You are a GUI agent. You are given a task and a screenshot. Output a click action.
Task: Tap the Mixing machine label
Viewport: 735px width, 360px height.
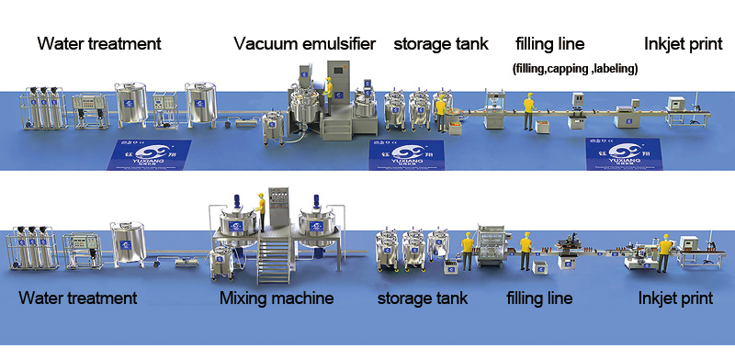(x=277, y=298)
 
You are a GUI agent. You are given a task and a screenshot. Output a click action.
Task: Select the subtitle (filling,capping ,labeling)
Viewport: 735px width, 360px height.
(x=574, y=69)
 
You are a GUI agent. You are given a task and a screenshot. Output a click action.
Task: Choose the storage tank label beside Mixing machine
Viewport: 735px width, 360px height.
(x=423, y=298)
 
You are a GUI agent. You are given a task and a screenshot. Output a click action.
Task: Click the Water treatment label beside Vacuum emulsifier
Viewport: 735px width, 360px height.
(x=99, y=43)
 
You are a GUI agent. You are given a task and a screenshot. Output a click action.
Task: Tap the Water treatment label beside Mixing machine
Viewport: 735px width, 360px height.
(x=78, y=298)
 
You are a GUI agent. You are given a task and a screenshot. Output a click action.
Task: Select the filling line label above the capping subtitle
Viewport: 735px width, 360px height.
(x=549, y=43)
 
